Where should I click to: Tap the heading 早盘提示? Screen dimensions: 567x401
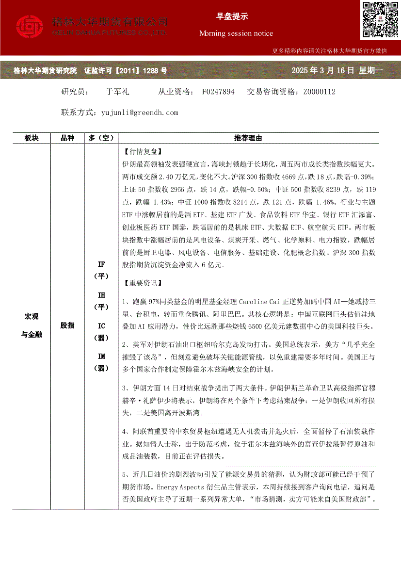pyautogui.click(x=232, y=16)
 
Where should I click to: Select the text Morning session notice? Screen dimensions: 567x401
pyautogui.click(x=236, y=33)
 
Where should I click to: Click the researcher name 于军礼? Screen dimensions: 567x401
pyautogui.click(x=116, y=92)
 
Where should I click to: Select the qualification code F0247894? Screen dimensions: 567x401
pyautogui.click(x=218, y=92)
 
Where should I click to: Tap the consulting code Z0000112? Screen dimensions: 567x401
pyautogui.click(x=319, y=92)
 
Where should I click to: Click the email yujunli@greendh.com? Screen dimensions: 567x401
pyautogui.click(x=140, y=113)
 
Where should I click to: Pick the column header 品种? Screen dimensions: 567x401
pyautogui.click(x=67, y=138)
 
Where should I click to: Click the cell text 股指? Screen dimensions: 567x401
pyautogui.click(x=67, y=325)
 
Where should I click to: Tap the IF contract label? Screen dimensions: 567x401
pyautogui.click(x=101, y=264)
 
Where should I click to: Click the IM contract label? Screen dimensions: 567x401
pyautogui.click(x=101, y=356)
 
